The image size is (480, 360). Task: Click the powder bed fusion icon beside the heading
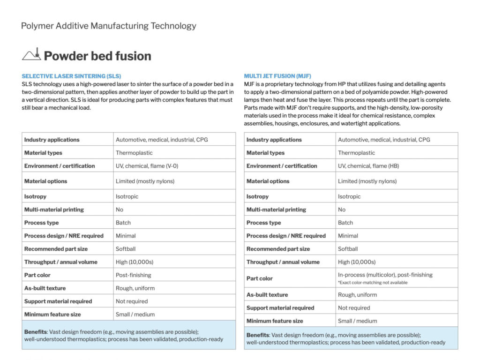31,55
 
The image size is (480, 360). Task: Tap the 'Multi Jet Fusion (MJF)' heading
277,76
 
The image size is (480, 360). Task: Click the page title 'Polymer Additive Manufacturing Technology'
108,26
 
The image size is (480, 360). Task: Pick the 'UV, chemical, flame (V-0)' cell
147,166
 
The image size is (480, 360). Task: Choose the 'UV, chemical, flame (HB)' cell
368,166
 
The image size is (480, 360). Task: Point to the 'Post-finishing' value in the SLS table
134,275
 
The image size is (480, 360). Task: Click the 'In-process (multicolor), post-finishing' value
385,275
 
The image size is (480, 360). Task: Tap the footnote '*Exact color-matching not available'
373,283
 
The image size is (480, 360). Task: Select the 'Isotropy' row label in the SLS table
35,196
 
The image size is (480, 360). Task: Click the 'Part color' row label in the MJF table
259,278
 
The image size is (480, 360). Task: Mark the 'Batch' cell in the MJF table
345,223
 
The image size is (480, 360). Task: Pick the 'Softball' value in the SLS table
126,249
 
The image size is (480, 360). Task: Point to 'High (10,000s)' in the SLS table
135,262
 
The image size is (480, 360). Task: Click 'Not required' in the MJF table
354,308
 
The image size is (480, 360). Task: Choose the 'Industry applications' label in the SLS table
52,140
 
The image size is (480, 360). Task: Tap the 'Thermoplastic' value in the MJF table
356,153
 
